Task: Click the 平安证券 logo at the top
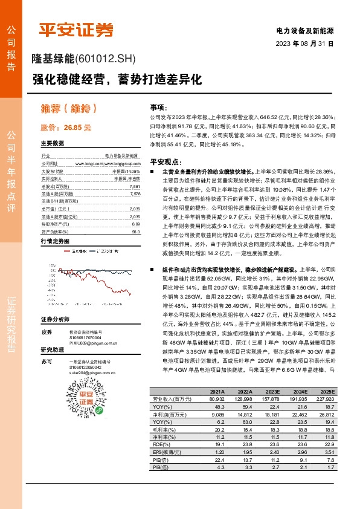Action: click(x=76, y=30)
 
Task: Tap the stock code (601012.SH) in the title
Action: click(x=104, y=59)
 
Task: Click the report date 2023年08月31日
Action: click(x=304, y=44)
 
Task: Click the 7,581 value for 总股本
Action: click(x=134, y=187)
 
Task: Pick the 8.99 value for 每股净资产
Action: click(x=135, y=224)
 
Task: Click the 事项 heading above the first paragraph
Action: click(x=157, y=106)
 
